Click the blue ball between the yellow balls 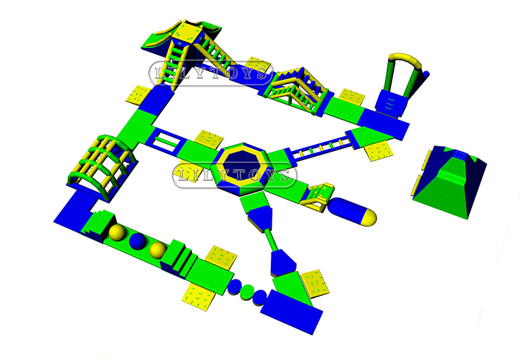[x=138, y=241]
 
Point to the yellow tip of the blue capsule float [x=370, y=217]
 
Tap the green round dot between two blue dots [x=248, y=292]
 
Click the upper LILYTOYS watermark [x=211, y=73]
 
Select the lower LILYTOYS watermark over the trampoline [x=234, y=175]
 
